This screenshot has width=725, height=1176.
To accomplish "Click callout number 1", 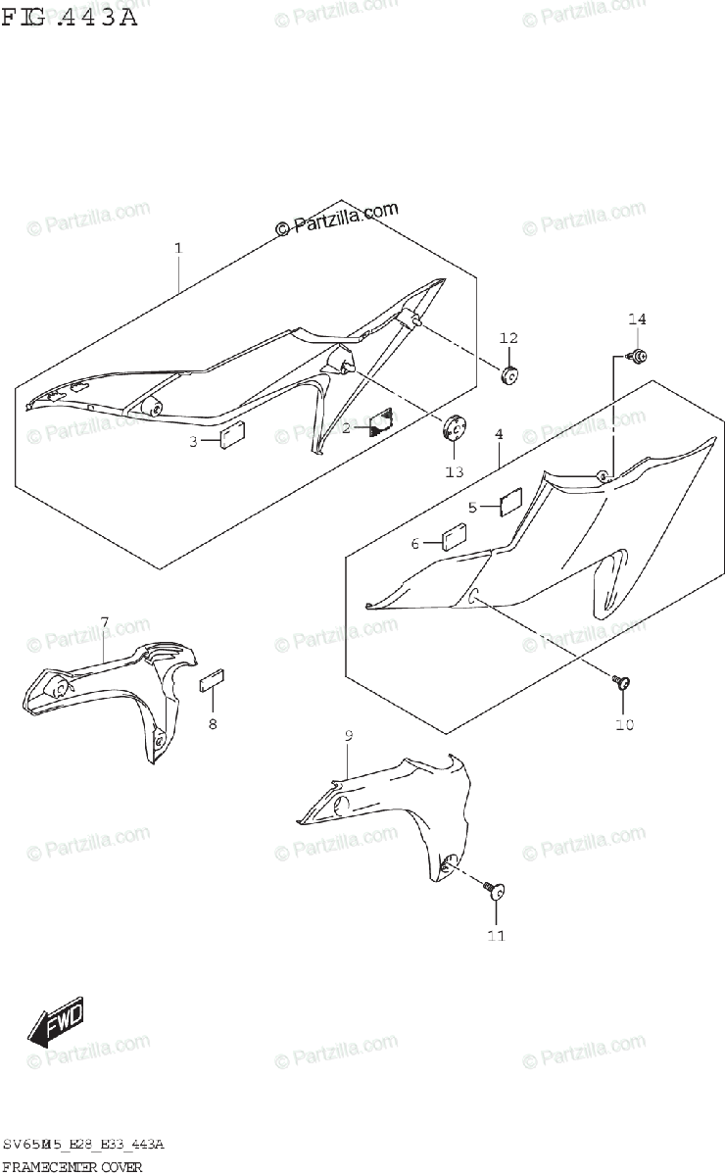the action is tap(178, 249).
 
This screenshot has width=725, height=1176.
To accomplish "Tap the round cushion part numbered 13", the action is tap(455, 429).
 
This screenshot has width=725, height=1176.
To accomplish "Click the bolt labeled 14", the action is tap(638, 357).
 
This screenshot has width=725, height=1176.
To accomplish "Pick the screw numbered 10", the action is tap(621, 683).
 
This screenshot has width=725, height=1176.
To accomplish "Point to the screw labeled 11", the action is tap(496, 890).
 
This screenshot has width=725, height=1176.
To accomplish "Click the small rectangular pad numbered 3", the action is tap(232, 435).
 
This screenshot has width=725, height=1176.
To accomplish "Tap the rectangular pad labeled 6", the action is tap(455, 538).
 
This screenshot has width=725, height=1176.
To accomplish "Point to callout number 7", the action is tap(105, 622).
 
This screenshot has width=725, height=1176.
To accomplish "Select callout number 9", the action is tap(348, 736).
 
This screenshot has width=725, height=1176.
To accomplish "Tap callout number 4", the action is tap(499, 433).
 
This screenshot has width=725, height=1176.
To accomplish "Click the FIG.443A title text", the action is tap(69, 17).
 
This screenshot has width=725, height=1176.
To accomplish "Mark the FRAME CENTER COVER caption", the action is tap(72, 1166).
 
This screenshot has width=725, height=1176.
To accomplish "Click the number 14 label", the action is tap(638, 319).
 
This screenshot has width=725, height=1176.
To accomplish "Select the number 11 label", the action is tap(496, 936).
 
